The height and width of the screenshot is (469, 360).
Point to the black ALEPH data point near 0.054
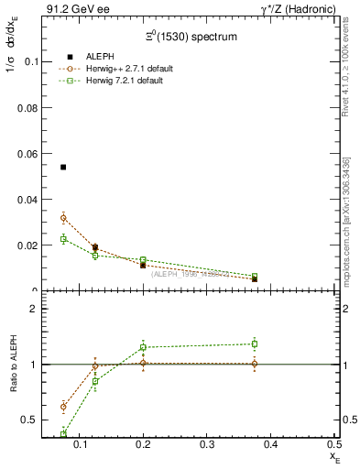[63, 167]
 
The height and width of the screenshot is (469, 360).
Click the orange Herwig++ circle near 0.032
[63, 218]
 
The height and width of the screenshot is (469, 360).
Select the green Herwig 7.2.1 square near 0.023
[63, 239]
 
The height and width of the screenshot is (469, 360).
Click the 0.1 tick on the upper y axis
[28, 61]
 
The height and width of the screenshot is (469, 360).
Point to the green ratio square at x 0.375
[255, 344]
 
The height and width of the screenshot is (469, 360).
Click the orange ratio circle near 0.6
[63, 407]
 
